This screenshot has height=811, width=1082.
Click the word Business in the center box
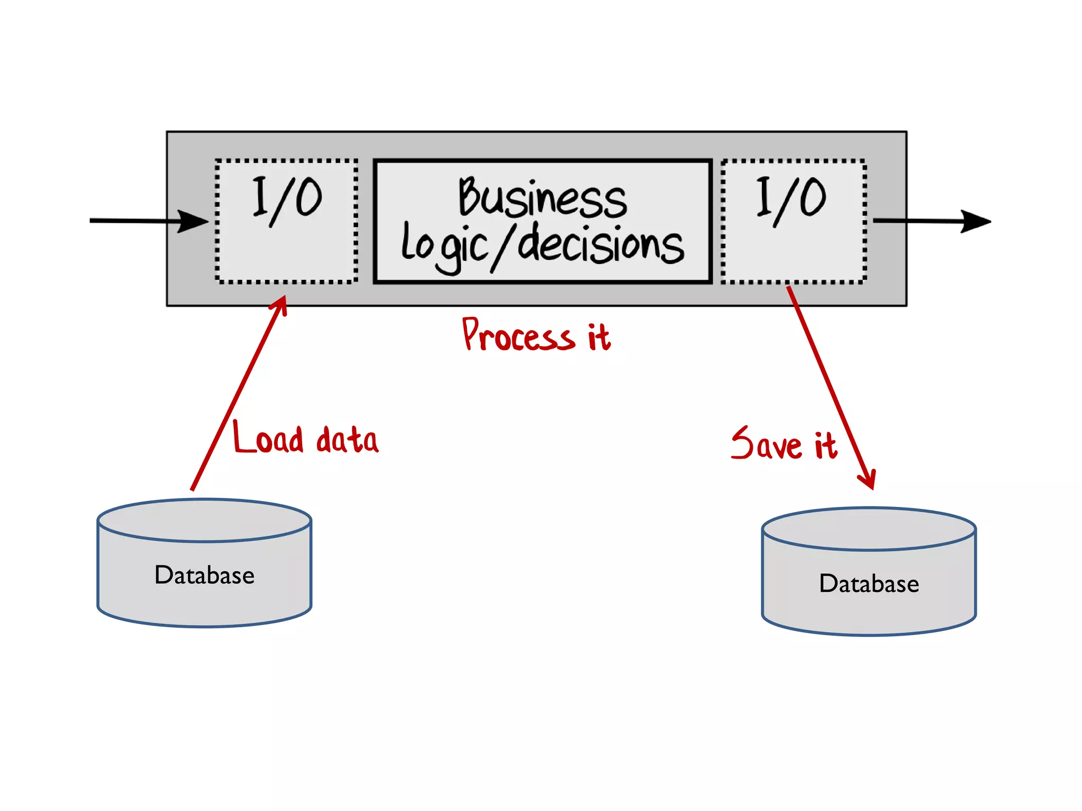542,198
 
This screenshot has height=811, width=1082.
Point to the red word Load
268,438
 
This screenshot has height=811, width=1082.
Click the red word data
347,440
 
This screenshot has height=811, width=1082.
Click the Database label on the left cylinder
204,575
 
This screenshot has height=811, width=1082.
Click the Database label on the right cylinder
869,584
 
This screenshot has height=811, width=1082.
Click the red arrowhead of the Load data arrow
281,304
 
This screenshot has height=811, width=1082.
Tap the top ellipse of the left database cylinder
204,521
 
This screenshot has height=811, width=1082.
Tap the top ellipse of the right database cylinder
869,529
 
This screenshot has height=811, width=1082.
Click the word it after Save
825,446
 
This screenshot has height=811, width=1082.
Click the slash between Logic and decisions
503,247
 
